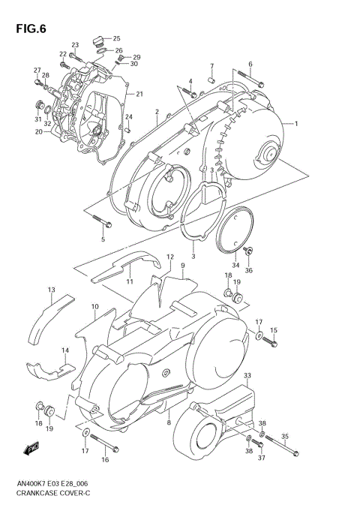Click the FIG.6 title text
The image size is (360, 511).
point(29,29)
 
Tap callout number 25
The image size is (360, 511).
point(116,38)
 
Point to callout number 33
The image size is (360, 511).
point(247,376)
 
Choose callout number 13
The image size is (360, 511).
point(51,290)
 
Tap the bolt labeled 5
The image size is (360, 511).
point(100,221)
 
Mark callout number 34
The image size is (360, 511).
point(235,264)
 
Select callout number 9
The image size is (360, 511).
point(182,266)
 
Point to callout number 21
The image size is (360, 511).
point(138,94)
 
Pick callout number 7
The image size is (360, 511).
point(212,66)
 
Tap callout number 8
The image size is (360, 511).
point(169,423)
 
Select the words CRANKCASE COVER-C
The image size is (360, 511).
point(49,496)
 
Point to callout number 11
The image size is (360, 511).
point(130,281)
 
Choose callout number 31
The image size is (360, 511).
point(37,119)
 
